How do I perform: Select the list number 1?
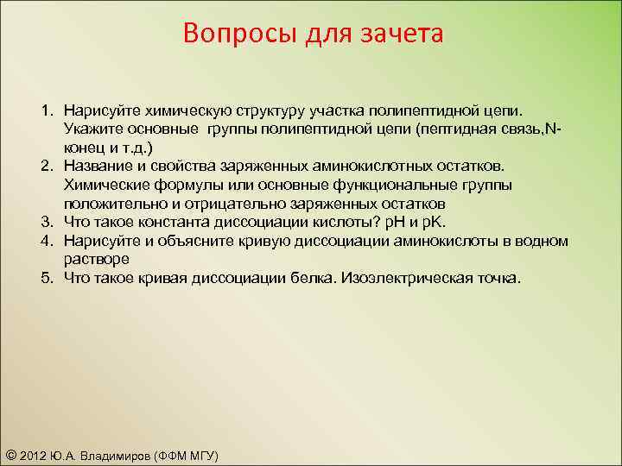coord(50,112)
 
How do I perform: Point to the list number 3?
coord(50,221)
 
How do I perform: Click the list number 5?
coord(50,278)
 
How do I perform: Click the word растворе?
coord(96,259)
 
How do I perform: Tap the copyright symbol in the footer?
coord(10,456)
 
